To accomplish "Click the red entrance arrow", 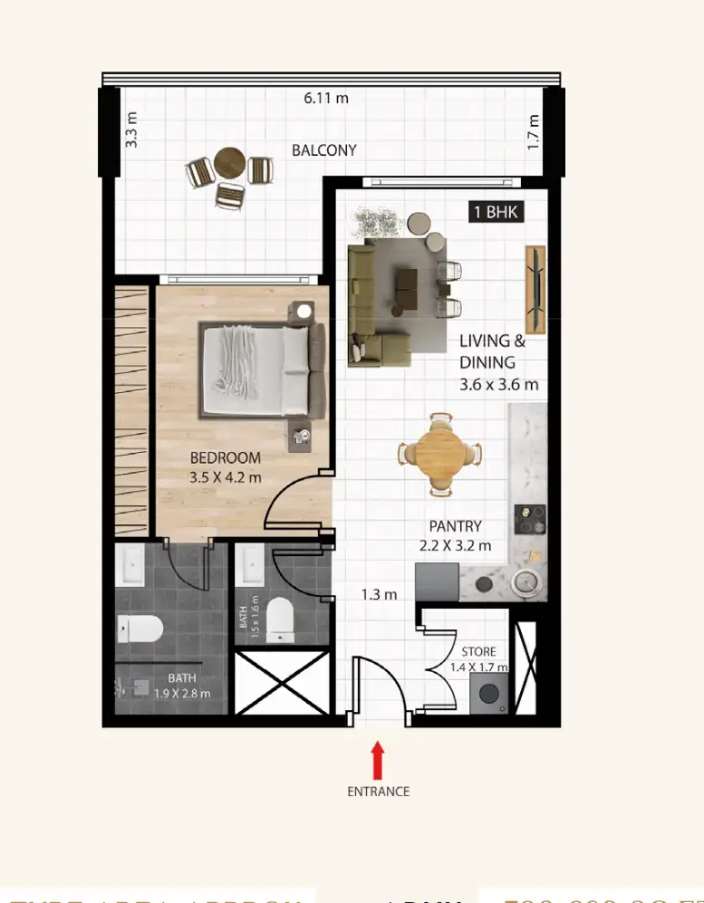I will [x=378, y=760].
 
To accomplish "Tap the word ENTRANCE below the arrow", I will [x=378, y=792].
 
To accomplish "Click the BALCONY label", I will [x=323, y=150].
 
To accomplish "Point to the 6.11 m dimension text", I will [x=326, y=99].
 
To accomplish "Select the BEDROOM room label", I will [x=225, y=458].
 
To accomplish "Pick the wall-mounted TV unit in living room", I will [x=535, y=288].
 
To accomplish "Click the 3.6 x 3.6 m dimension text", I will [x=498, y=384].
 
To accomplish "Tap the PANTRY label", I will [x=457, y=526].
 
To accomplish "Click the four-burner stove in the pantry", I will [x=529, y=519].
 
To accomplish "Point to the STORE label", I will [x=478, y=651].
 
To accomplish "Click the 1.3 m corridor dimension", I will [x=379, y=595].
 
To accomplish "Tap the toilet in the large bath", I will [x=142, y=627].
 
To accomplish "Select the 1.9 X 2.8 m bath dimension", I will [x=181, y=694].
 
